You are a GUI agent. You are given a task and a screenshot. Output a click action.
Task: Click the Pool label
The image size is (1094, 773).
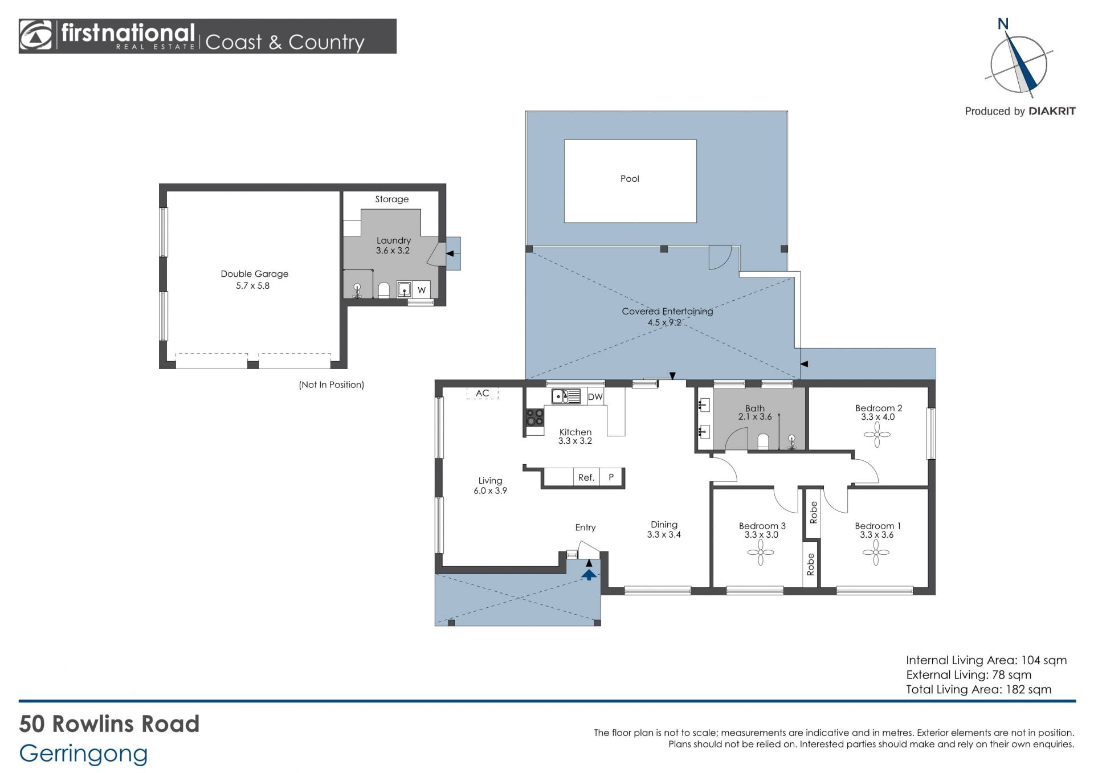630,179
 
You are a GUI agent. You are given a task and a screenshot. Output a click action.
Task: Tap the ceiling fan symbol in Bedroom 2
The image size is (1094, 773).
877,435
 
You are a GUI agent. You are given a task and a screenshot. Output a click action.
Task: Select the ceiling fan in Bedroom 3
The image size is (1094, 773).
761,552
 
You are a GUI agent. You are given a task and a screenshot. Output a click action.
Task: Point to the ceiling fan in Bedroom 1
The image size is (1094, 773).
876,552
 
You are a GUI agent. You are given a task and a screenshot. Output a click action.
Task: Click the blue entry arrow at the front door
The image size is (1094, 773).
589,574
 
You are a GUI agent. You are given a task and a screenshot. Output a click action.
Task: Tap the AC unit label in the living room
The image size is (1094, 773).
482,393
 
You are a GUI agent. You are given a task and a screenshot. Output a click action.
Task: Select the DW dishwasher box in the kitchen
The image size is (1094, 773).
595,396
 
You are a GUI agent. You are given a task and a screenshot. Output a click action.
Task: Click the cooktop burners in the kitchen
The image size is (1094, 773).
535,418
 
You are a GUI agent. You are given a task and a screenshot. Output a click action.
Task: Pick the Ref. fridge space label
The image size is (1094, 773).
586,477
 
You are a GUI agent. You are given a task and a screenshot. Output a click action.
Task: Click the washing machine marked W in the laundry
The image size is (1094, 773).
422,289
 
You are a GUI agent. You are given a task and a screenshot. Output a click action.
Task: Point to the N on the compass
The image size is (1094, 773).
1003,24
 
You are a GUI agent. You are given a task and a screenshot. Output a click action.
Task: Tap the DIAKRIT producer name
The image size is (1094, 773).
1052,111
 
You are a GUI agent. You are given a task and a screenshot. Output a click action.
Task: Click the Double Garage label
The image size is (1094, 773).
254,274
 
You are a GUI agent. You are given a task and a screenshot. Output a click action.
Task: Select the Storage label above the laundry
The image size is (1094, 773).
391,199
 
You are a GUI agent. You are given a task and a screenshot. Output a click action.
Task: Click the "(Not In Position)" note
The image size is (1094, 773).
331,385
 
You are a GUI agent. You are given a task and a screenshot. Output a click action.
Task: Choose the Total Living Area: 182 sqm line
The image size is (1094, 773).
978,689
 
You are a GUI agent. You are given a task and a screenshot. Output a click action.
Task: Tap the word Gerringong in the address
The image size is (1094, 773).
83,753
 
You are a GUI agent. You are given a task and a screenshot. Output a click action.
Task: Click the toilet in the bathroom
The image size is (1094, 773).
763,441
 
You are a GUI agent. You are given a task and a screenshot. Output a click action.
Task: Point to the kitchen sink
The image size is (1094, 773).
566,396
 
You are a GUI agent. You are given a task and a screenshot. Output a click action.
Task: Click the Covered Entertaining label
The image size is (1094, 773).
667,311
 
